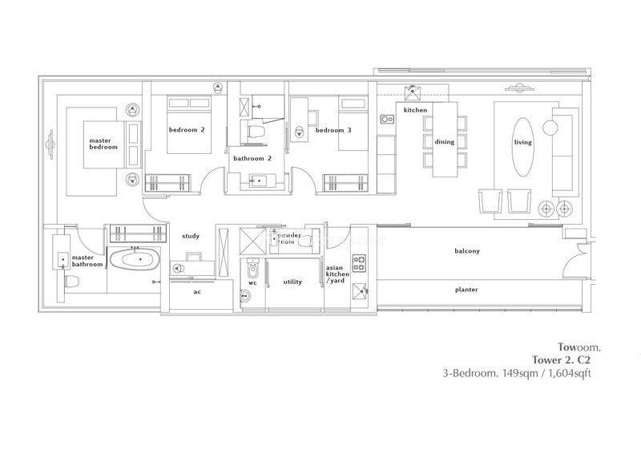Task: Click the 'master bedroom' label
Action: tap(103, 144)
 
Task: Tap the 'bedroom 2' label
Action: tap(187, 130)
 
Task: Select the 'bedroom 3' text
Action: tap(333, 130)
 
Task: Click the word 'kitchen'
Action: tap(415, 110)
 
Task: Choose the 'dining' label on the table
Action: tap(444, 142)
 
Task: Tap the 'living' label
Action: tap(522, 142)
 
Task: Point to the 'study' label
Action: tap(191, 236)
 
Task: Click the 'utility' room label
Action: tap(292, 282)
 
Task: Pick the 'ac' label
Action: tap(197, 292)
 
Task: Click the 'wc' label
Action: tap(252, 282)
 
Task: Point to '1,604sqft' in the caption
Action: tap(566, 374)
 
